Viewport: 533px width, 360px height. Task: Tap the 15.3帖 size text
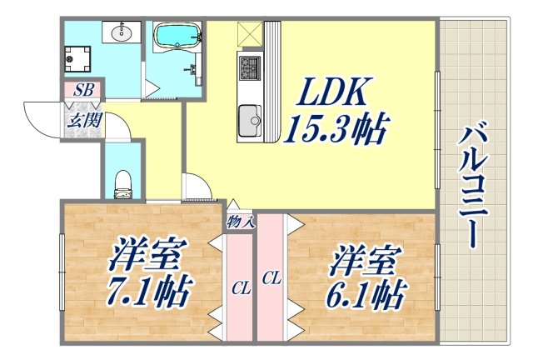(336, 129)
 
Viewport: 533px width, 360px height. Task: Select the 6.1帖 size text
(366, 293)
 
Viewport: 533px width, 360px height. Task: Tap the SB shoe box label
(82, 89)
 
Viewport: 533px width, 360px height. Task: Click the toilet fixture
(122, 184)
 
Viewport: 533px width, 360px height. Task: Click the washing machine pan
(82, 59)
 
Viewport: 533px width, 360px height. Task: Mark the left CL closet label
(241, 288)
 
